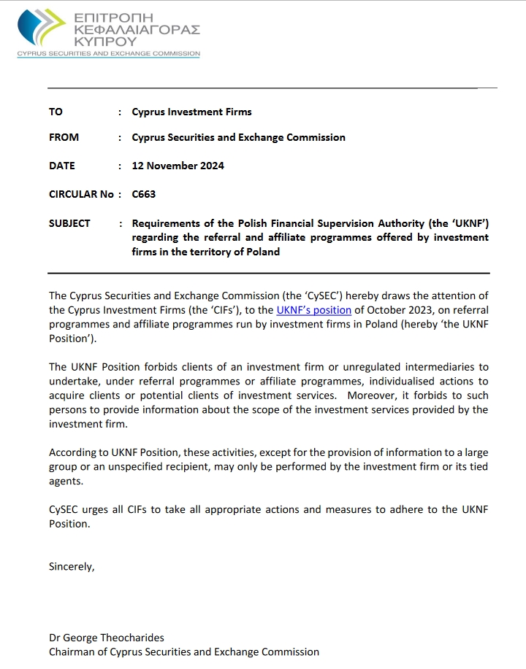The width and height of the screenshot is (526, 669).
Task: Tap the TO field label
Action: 56,112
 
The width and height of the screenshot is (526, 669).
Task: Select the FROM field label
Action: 64,137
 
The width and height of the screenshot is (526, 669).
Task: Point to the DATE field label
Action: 61,166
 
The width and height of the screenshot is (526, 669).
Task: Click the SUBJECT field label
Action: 69,223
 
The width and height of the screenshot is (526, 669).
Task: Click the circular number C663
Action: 143,194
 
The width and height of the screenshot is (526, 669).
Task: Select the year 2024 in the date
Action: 210,166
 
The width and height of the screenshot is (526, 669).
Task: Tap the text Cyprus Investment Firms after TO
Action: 191,112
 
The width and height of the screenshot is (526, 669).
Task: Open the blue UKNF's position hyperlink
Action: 313,310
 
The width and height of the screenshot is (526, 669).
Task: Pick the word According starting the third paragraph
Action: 72,452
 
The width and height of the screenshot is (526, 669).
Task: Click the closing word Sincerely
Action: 72,565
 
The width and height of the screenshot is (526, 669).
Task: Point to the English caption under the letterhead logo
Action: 108,54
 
